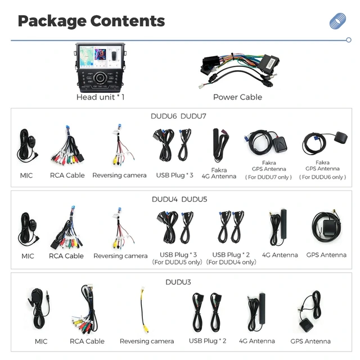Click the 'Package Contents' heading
click(x=91, y=21)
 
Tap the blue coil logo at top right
click(x=337, y=21)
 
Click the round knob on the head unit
click(x=100, y=78)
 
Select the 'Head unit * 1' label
click(x=100, y=97)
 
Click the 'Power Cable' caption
click(x=237, y=97)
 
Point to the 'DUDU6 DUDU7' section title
click(x=178, y=116)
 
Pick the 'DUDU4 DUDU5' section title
click(x=179, y=199)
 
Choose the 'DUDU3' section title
click(x=178, y=282)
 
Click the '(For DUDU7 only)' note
click(x=268, y=177)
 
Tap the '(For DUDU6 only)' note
click(x=322, y=177)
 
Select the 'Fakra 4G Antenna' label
click(x=219, y=173)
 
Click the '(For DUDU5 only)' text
click(x=177, y=262)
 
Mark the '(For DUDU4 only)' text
click(x=231, y=262)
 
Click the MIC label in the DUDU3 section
click(x=41, y=341)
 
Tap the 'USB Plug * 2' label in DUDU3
click(x=208, y=341)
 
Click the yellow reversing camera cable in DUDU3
click(x=144, y=310)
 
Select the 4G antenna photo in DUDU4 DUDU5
click(x=278, y=227)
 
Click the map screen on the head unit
click(x=87, y=56)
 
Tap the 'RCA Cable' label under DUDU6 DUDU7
click(x=67, y=175)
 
